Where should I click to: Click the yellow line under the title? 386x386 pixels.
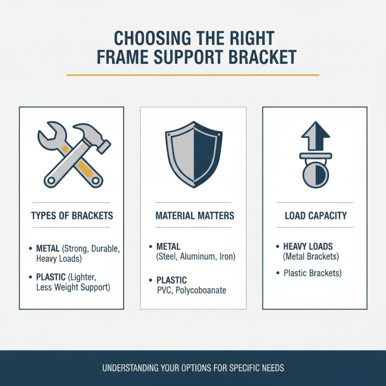coord(193,75)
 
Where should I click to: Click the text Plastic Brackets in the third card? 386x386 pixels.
coord(312,273)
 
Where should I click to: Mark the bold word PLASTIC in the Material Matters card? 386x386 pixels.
coord(171,280)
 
